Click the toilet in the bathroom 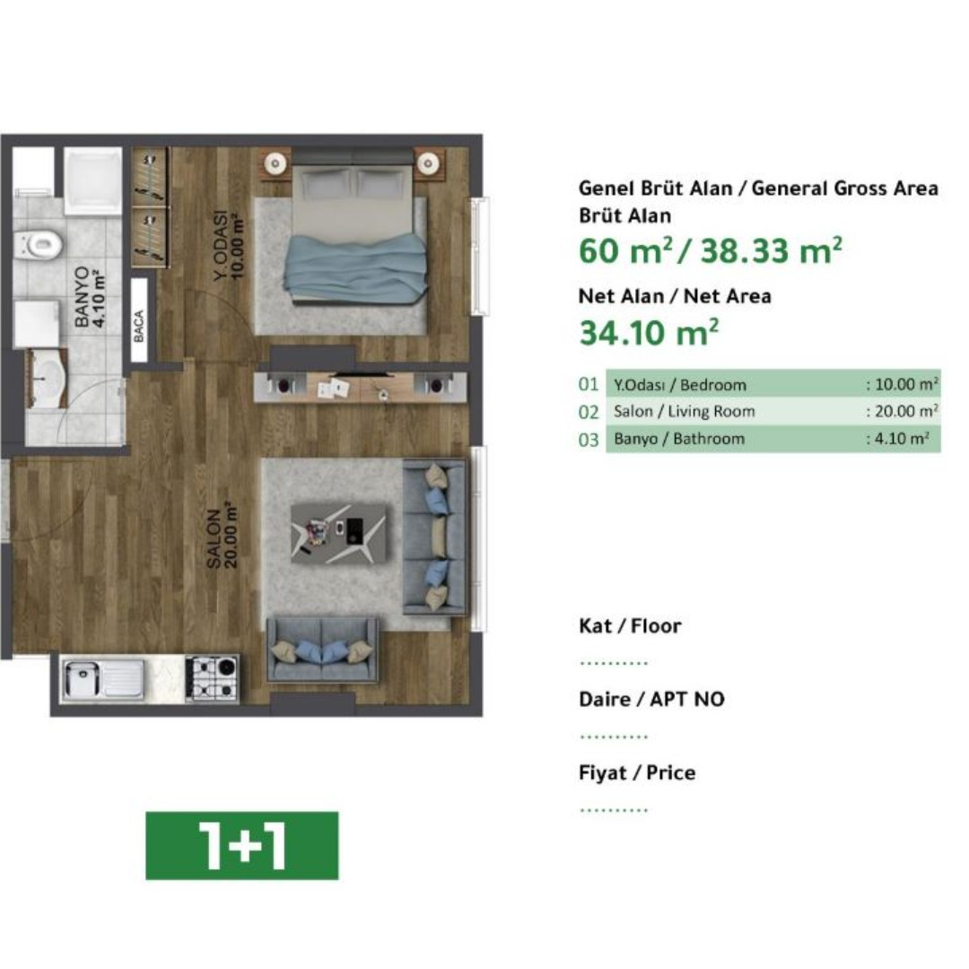[x=39, y=245]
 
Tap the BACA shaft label [x=139, y=326]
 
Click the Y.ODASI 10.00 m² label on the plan [x=229, y=245]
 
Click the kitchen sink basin [x=83, y=678]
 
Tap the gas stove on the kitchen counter [x=212, y=678]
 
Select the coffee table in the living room [x=338, y=533]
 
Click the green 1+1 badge [x=242, y=845]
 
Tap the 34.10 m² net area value [x=649, y=333]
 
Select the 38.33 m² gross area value [x=772, y=250]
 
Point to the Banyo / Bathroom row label [x=679, y=439]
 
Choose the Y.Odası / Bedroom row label [x=680, y=385]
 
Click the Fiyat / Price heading [x=637, y=773]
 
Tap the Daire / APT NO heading [x=651, y=699]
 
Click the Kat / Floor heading [x=630, y=626]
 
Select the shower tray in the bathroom [x=92, y=180]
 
